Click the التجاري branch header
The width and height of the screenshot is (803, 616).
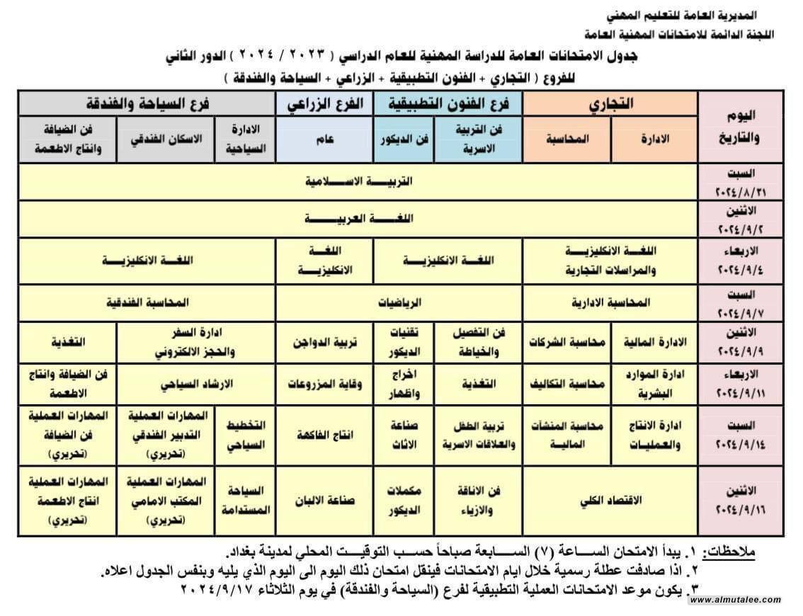point(610,103)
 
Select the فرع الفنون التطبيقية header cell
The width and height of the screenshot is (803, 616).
point(448,103)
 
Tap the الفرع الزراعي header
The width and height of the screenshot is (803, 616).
point(325,103)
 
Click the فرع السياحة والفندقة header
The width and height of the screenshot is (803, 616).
point(147,103)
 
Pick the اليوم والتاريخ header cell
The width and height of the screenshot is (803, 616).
point(740,127)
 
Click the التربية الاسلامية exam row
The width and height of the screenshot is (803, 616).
point(358,181)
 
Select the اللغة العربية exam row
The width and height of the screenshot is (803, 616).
point(358,219)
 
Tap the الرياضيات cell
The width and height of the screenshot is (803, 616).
point(399,302)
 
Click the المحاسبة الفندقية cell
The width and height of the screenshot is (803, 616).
point(147,302)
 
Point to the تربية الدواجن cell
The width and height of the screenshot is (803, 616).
point(325,342)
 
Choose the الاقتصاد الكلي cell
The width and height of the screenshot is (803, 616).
point(610,500)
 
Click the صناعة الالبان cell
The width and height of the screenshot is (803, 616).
point(325,500)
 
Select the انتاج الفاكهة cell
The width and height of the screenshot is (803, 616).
point(325,435)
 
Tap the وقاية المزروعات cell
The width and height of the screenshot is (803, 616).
point(325,383)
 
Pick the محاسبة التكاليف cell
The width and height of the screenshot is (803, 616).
point(566,383)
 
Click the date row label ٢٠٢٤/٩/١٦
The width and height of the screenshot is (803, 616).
point(740,508)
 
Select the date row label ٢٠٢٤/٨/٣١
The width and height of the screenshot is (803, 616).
point(740,192)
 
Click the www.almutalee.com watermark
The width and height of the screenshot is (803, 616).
point(736,600)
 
